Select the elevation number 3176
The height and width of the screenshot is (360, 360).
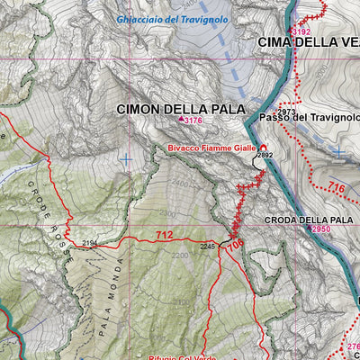tap(193, 121)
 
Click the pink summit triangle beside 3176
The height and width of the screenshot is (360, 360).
tap(181, 120)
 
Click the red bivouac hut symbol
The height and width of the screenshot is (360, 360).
tap(264, 147)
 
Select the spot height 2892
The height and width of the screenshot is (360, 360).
tap(265, 156)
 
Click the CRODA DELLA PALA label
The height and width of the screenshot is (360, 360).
tap(308, 220)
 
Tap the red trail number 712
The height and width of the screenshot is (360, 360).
tap(164, 236)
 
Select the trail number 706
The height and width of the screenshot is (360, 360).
tap(234, 244)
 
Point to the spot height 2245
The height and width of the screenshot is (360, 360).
tap(207, 246)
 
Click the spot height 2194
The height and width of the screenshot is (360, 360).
tap(89, 244)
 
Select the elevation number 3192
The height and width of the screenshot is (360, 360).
tap(301, 31)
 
